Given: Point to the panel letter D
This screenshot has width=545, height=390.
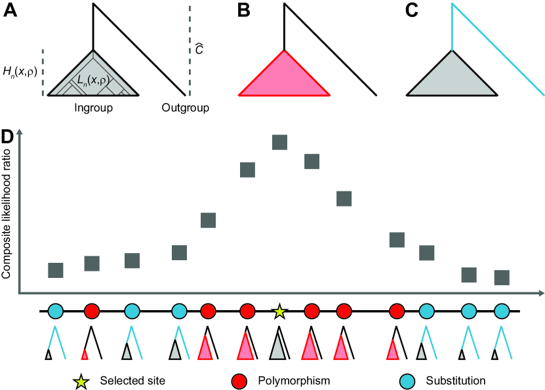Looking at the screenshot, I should (9, 138).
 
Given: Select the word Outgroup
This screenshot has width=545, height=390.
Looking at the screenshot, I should (185, 107).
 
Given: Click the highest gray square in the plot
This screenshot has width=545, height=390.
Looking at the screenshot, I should (280, 143).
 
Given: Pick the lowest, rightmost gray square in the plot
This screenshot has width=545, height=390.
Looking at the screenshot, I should (502, 277).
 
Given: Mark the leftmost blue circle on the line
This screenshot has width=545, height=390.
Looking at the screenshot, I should (56, 310).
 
